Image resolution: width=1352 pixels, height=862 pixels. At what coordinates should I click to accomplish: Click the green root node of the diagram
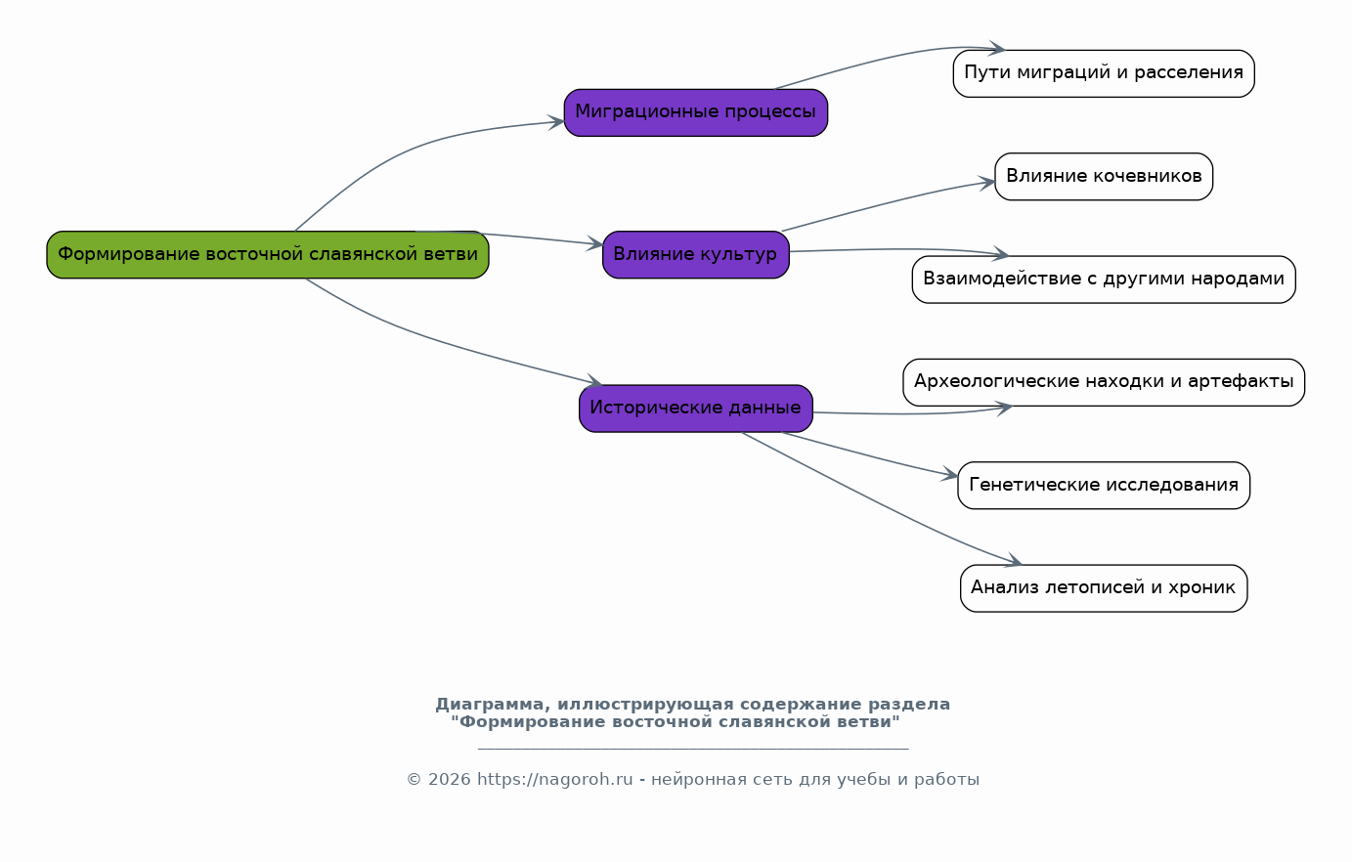tap(268, 254)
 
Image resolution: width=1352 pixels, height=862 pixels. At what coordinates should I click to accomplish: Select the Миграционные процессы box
tap(696, 112)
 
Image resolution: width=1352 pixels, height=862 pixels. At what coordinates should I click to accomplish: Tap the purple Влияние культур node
tap(696, 254)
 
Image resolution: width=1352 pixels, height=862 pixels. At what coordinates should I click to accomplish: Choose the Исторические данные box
tap(696, 409)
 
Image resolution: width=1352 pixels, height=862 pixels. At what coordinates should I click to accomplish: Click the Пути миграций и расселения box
tap(1104, 73)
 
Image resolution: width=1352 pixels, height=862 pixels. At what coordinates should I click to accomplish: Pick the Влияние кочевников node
tap(1104, 176)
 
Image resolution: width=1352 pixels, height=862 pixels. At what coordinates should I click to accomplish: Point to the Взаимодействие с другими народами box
tap(1104, 280)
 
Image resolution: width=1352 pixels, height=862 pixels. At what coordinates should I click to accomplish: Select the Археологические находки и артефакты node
tap(1104, 382)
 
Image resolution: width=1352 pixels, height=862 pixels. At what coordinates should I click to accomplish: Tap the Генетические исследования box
tap(1104, 486)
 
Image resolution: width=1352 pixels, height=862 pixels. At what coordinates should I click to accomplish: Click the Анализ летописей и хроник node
tap(1104, 588)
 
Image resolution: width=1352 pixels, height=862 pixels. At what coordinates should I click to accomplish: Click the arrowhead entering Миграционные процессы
tap(556, 122)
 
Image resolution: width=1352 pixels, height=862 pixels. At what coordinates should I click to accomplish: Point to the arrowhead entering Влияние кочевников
tap(986, 182)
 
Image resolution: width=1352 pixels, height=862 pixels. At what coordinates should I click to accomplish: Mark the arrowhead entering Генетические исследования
tap(950, 474)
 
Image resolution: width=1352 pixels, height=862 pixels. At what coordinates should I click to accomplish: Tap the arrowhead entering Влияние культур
tap(595, 243)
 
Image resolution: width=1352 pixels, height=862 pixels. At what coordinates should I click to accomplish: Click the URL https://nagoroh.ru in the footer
tap(554, 779)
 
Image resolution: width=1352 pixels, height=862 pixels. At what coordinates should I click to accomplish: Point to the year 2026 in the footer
tap(449, 779)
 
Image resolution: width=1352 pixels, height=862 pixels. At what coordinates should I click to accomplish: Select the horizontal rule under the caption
tap(693, 750)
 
